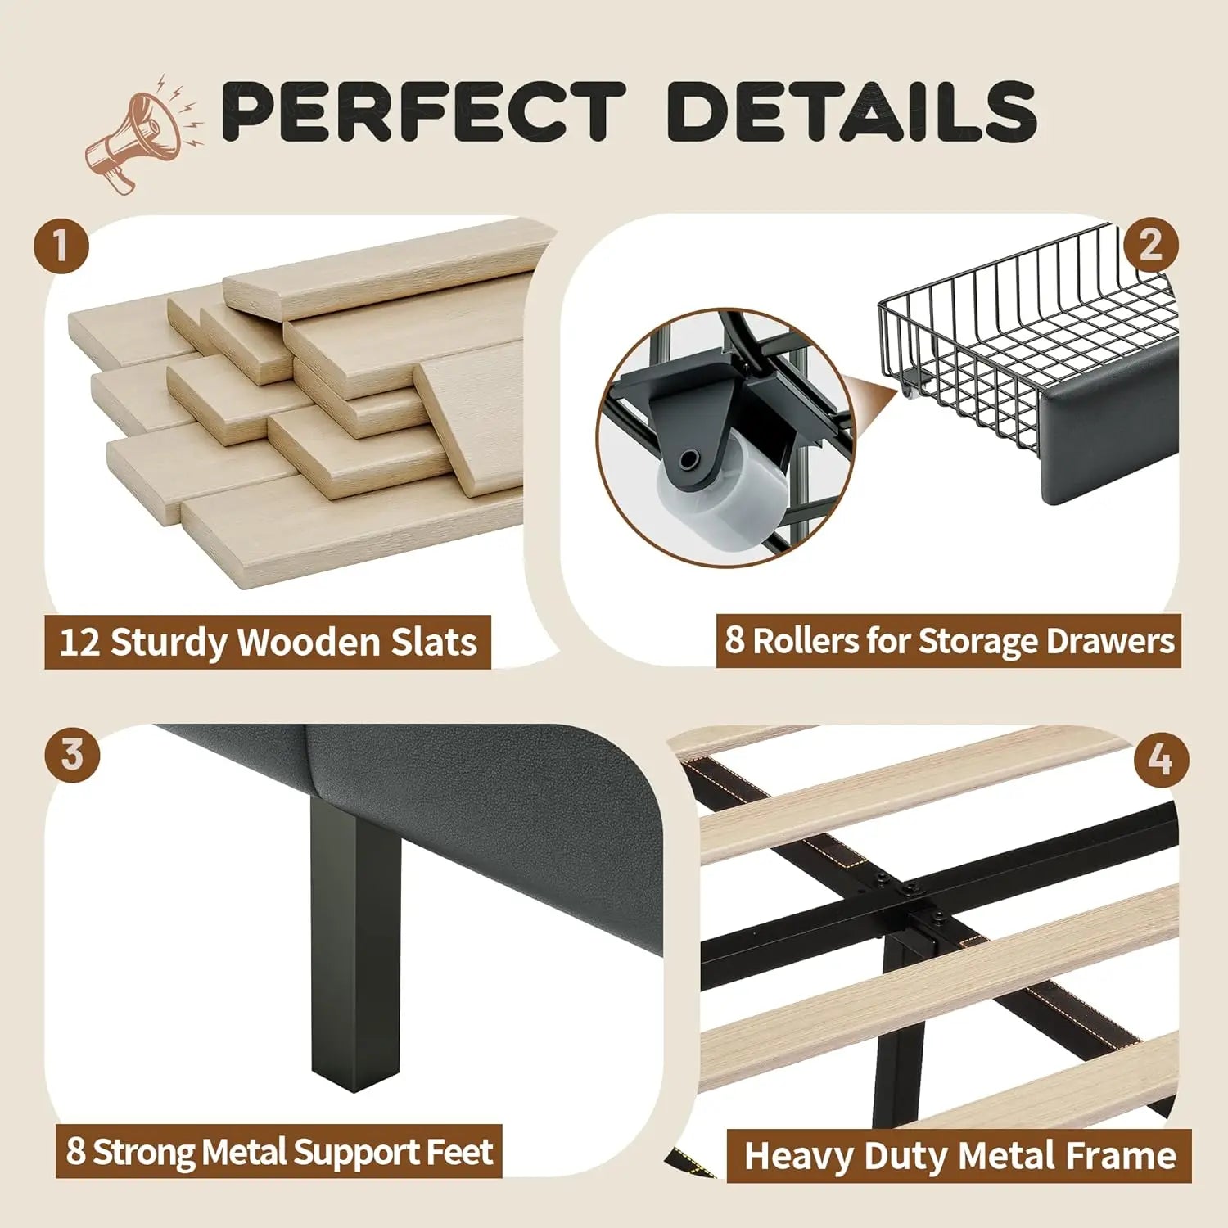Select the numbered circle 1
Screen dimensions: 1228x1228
coord(61,246)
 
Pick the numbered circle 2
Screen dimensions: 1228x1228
coord(1150,245)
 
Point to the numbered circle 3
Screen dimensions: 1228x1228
coord(73,754)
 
